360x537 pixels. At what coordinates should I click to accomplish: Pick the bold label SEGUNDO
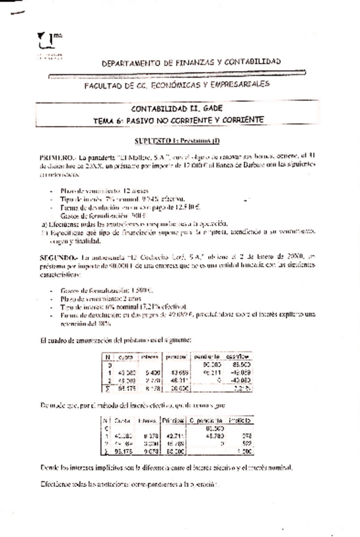(57, 258)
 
